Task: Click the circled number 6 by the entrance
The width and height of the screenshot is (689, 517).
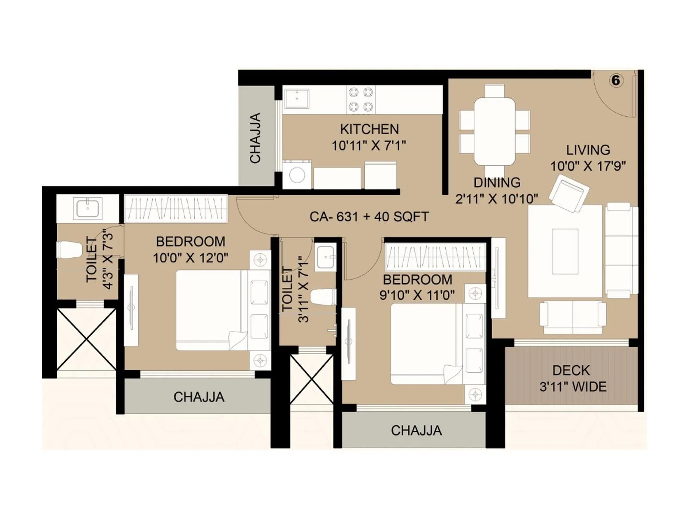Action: (x=616, y=81)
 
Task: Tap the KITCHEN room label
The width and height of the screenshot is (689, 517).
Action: (x=369, y=129)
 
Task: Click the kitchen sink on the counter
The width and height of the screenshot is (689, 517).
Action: (x=297, y=98)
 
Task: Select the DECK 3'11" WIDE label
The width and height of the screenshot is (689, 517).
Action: (x=573, y=378)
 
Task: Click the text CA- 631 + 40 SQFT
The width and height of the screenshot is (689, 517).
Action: (x=369, y=216)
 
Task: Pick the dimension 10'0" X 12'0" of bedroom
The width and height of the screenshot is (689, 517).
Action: (x=190, y=258)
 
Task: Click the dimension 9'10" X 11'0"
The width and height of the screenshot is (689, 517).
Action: (x=417, y=296)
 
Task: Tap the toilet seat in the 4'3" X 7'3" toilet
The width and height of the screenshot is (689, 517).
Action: (x=70, y=250)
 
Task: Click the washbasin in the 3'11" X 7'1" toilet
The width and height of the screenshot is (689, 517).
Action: (x=325, y=257)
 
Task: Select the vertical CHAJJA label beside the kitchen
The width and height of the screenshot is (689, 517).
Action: (x=256, y=138)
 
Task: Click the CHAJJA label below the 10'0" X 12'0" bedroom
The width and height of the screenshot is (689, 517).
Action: (x=199, y=397)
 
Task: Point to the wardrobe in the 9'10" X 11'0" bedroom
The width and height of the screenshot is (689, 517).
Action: (x=435, y=257)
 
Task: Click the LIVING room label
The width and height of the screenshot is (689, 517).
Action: (x=588, y=150)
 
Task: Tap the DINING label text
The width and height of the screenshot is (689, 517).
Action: (x=497, y=183)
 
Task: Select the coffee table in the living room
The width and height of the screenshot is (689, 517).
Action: (x=565, y=251)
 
